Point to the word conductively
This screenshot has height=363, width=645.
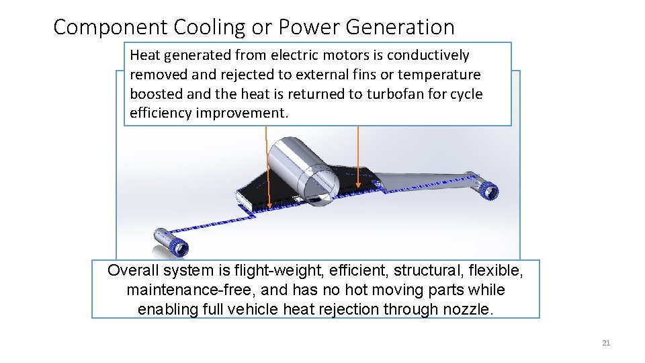[x=428, y=55]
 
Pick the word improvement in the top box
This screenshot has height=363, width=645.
[x=241, y=113]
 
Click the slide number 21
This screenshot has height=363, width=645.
[x=605, y=344]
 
